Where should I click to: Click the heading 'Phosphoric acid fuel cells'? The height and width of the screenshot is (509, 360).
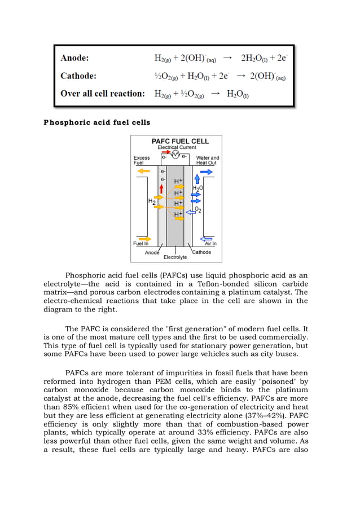click(x=96, y=122)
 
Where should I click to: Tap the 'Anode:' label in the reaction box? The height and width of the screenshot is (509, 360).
click(x=74, y=58)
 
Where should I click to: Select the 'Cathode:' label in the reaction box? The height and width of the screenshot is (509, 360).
click(x=78, y=76)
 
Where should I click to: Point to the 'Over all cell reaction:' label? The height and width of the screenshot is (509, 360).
click(x=103, y=94)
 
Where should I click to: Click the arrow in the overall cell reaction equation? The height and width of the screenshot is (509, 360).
click(x=215, y=94)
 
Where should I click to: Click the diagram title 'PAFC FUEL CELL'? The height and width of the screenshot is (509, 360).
click(x=180, y=141)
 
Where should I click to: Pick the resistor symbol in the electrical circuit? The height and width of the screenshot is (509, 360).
click(x=175, y=154)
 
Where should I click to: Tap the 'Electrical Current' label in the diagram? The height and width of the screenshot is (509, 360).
click(x=177, y=147)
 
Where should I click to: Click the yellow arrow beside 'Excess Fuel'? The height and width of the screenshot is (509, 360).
click(x=144, y=171)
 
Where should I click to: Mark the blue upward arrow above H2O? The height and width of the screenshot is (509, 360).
click(x=197, y=179)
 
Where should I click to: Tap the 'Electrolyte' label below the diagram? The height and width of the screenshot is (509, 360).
click(x=175, y=257)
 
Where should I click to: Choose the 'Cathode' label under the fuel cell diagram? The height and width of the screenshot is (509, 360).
click(x=201, y=252)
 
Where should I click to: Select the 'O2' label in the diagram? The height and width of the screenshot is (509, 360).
click(x=198, y=210)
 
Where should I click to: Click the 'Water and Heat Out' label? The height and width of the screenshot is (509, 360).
click(x=207, y=160)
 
